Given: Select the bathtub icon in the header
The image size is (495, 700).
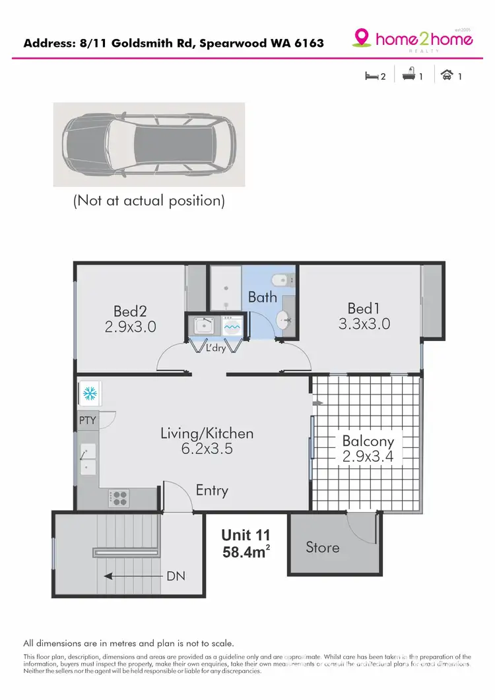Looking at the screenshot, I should (x=409, y=76).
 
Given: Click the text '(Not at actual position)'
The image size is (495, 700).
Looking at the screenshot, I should (x=149, y=201).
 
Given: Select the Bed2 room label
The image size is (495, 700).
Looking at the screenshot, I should (x=130, y=310).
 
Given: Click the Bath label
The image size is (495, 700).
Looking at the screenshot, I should (x=262, y=297).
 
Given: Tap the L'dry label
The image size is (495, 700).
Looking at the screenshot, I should (x=215, y=348).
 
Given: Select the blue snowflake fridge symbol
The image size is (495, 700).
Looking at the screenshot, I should (x=88, y=395).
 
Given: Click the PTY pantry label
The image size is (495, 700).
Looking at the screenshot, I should (x=87, y=420).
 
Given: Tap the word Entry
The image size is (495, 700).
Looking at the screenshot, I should (x=212, y=490).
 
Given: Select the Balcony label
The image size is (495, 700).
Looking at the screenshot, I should (x=368, y=441).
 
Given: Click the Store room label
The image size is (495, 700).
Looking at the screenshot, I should (x=323, y=547).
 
